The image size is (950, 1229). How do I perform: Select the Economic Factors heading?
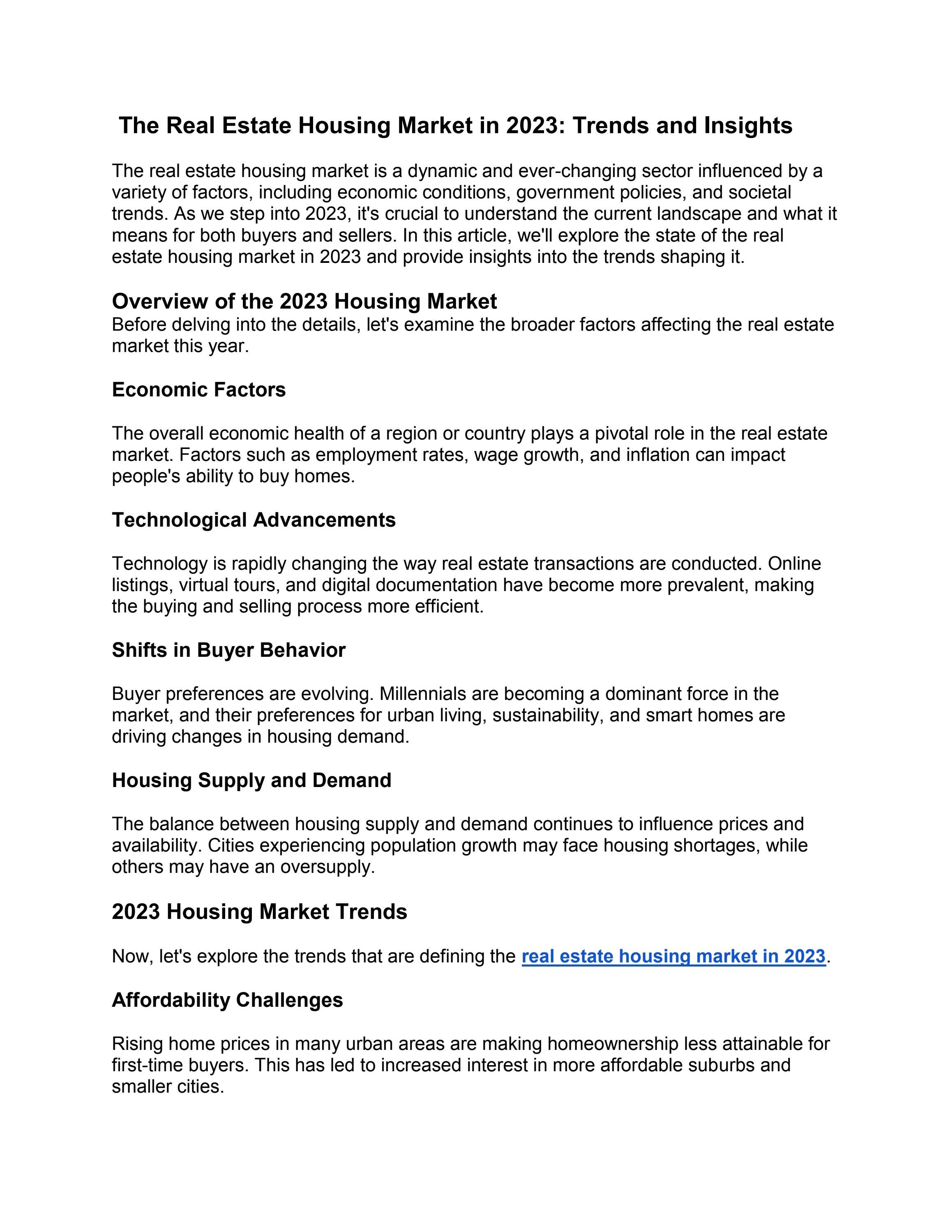pos(198,389)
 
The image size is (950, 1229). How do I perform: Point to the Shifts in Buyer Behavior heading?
pos(228,650)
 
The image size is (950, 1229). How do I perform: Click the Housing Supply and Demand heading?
pos(251,780)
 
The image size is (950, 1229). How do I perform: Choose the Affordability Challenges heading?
pos(227,1000)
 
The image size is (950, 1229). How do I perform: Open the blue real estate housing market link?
pos(673,956)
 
